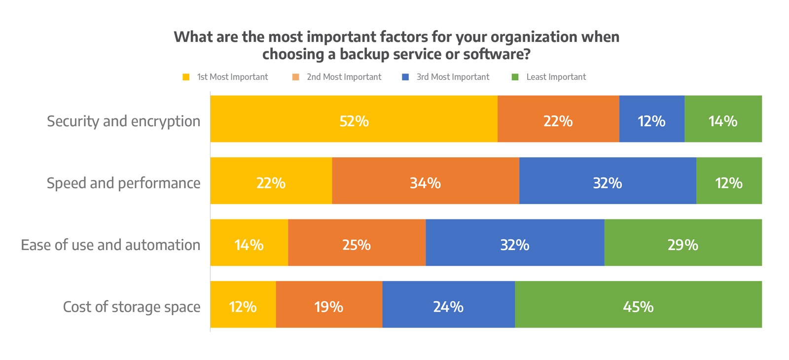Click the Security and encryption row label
click(x=123, y=121)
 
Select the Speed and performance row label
click(x=123, y=183)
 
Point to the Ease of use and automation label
click(x=110, y=245)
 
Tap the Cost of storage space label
click(x=132, y=307)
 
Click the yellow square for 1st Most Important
click(x=186, y=77)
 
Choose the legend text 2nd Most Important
click(x=344, y=77)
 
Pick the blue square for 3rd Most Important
click(x=405, y=77)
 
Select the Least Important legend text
click(x=556, y=77)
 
